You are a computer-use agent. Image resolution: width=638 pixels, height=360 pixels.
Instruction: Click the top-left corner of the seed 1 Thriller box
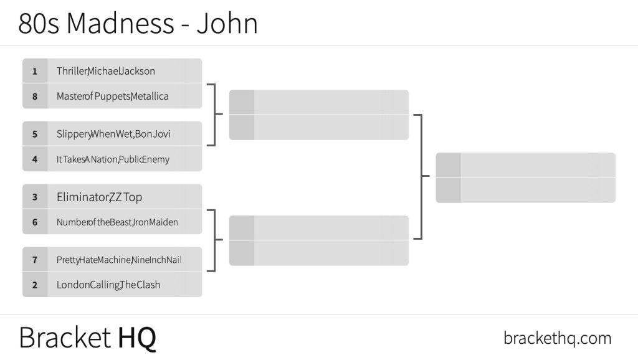(22, 59)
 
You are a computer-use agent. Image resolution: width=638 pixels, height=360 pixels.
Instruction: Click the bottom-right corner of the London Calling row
(202, 297)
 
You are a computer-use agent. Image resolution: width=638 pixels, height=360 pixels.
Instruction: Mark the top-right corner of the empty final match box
(615, 153)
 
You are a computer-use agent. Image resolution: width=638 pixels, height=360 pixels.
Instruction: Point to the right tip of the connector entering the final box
(430, 176)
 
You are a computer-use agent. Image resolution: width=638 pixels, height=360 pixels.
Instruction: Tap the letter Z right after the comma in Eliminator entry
(112, 197)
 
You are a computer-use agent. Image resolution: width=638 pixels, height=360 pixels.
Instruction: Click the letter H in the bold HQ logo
(125, 338)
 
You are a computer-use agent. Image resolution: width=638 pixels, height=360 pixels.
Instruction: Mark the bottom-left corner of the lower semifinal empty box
(229, 265)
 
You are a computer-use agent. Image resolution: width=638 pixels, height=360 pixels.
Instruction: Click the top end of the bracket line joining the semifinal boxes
(422, 115)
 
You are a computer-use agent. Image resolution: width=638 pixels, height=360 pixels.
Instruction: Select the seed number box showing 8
(35, 97)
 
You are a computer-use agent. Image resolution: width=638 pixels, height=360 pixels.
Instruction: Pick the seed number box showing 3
(35, 197)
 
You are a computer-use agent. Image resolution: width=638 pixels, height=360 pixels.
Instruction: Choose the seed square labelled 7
(35, 260)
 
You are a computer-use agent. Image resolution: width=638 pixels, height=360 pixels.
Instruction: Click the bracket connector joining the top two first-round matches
(215, 115)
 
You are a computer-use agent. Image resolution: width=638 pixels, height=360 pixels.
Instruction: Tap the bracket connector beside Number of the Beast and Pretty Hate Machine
(215, 240)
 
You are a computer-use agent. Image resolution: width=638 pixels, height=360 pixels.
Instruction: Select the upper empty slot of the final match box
(525, 165)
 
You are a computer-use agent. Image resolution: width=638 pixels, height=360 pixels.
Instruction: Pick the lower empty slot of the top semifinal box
(318, 127)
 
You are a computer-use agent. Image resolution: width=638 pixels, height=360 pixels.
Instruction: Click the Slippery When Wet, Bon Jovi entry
(113, 134)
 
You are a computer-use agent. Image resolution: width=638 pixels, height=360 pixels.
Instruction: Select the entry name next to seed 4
(113, 159)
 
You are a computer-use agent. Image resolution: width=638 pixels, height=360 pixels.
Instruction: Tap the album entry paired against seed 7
(108, 285)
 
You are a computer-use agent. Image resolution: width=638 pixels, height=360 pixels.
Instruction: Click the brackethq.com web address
(558, 338)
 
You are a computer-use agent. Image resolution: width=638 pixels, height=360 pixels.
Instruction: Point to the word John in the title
(227, 23)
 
